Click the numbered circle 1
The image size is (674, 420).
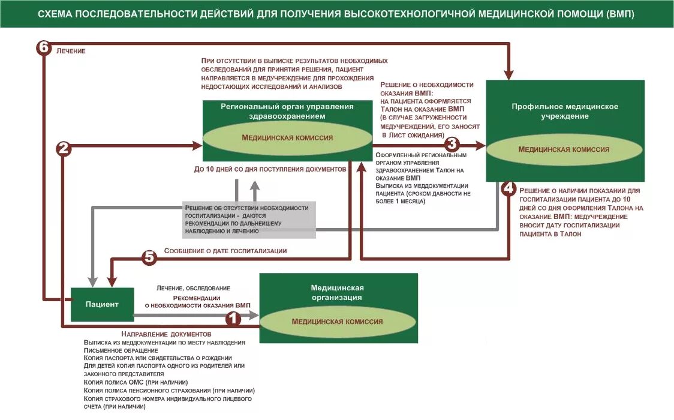pos(233,319)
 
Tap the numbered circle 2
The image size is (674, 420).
pos(64,149)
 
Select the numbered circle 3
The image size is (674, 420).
pos(452,145)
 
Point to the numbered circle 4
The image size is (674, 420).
pos(508,188)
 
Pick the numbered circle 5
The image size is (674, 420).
pos(149,257)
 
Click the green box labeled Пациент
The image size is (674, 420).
pos(102,304)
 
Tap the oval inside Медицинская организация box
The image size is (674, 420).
pos(337,322)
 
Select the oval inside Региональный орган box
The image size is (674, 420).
pos(287,137)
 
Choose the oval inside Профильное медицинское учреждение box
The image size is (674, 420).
pos(564,149)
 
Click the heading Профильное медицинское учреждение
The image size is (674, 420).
pos(564,111)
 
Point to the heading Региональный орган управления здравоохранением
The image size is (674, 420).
pos(287,111)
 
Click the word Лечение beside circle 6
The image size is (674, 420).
pos(71,51)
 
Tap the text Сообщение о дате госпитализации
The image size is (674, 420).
pos(225,251)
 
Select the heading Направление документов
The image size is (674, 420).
pos(166,334)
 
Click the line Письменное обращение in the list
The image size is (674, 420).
pos(121,350)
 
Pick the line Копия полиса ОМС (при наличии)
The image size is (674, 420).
pos(136,382)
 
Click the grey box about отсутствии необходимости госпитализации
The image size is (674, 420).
pos(249,219)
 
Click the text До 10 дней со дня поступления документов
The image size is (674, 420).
pos(270,169)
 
